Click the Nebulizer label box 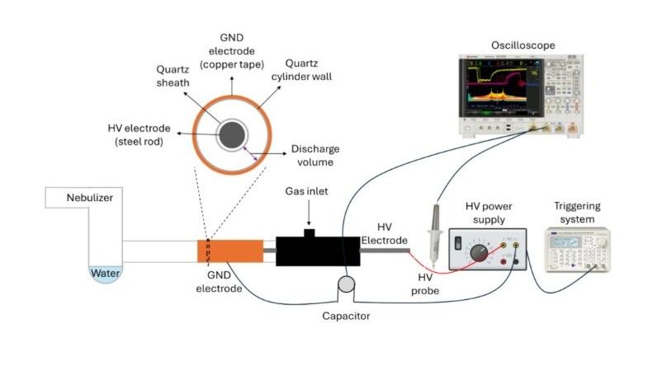[80, 198]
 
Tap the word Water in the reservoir [105, 273]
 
